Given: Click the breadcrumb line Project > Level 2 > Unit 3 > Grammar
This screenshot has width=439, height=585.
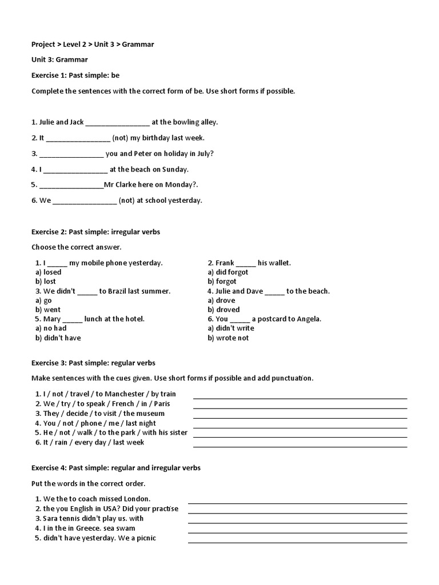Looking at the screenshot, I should (x=93, y=44).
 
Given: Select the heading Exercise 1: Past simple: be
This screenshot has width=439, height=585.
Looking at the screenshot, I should (x=75, y=75).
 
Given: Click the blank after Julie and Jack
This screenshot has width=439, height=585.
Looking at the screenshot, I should (x=118, y=122).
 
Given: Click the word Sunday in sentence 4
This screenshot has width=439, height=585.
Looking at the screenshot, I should (x=175, y=170).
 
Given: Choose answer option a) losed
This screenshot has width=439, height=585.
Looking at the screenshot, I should (x=49, y=273).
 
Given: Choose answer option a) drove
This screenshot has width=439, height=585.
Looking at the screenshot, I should (x=221, y=300).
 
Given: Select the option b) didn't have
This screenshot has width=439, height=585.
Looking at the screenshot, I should (x=58, y=338).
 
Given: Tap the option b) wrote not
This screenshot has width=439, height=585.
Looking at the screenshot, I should (x=228, y=338).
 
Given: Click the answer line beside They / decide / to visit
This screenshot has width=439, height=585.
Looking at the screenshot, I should (x=300, y=417).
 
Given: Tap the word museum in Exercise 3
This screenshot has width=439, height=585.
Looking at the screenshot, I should (x=151, y=414).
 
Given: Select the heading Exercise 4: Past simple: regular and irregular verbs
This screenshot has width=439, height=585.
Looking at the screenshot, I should (x=116, y=468).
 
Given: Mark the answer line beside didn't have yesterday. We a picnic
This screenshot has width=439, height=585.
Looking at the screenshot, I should (x=297, y=542).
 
